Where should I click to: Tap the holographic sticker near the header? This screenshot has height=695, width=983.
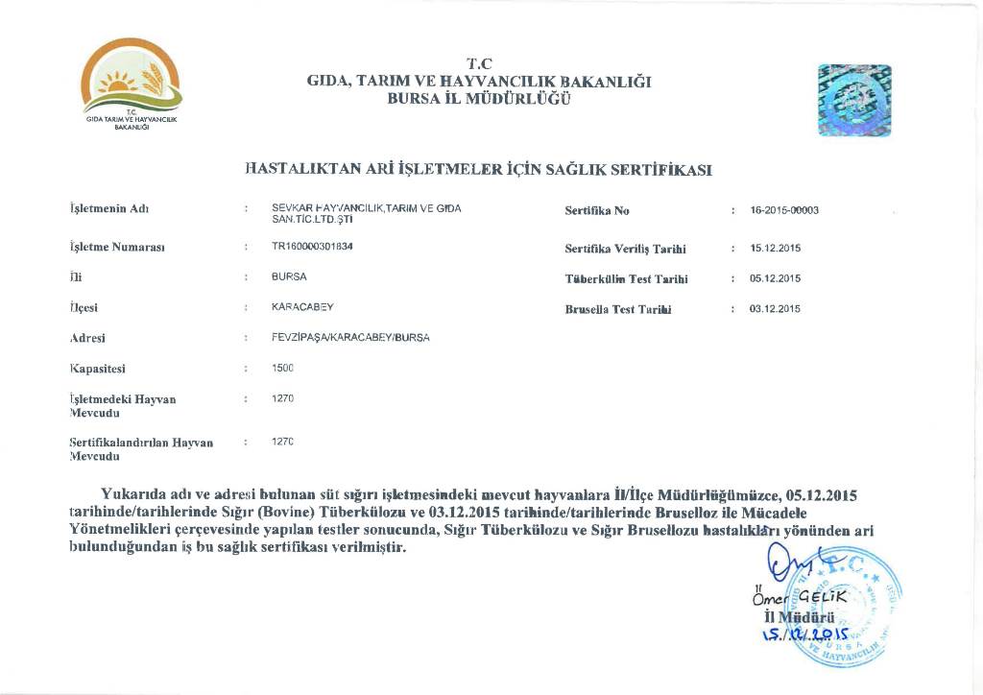click(x=854, y=99)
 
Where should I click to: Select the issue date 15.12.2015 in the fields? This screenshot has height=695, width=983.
click(x=775, y=249)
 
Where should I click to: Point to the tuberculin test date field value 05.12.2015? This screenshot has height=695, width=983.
click(x=775, y=278)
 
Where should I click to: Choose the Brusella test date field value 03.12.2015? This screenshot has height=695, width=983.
click(x=775, y=309)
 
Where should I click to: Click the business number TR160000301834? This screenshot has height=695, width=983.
click(x=312, y=246)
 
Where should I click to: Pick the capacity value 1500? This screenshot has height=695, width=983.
click(x=283, y=368)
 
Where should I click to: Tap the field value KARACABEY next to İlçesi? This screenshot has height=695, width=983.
click(x=302, y=306)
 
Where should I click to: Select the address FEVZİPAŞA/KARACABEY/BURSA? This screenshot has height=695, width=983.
click(x=350, y=338)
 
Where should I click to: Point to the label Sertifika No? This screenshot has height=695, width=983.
click(x=597, y=210)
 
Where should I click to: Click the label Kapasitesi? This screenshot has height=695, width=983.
click(x=99, y=368)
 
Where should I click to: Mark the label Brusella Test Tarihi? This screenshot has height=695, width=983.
click(x=618, y=309)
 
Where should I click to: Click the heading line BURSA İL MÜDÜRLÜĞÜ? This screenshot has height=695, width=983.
click(x=479, y=99)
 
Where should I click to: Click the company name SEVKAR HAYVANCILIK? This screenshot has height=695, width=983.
click(x=327, y=208)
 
